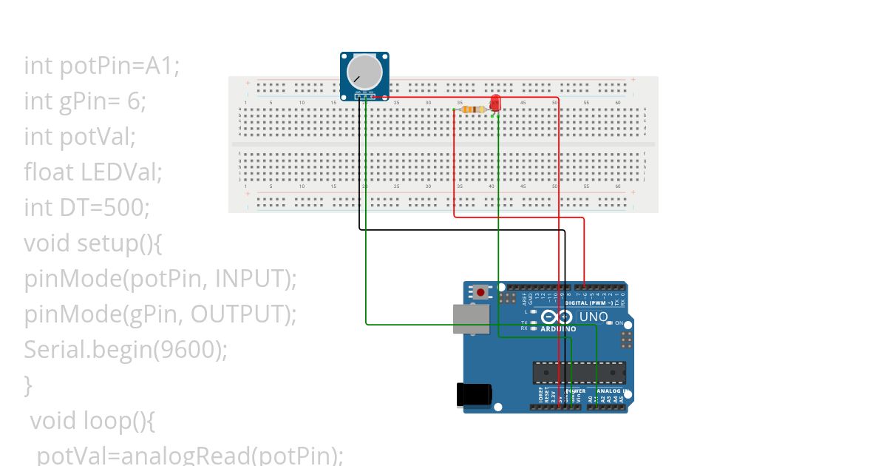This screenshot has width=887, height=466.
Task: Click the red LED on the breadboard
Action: (495, 103)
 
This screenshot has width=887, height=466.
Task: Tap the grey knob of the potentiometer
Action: (365, 71)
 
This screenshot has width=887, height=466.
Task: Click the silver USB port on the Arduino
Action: (471, 319)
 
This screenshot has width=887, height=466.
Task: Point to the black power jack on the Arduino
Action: (474, 394)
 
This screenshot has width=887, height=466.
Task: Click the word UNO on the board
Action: (593, 317)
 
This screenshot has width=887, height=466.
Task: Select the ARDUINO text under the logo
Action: (558, 328)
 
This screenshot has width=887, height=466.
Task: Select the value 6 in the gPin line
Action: (135, 101)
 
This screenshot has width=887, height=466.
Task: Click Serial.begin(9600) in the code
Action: (126, 350)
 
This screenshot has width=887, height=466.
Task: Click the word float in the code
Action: (49, 172)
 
